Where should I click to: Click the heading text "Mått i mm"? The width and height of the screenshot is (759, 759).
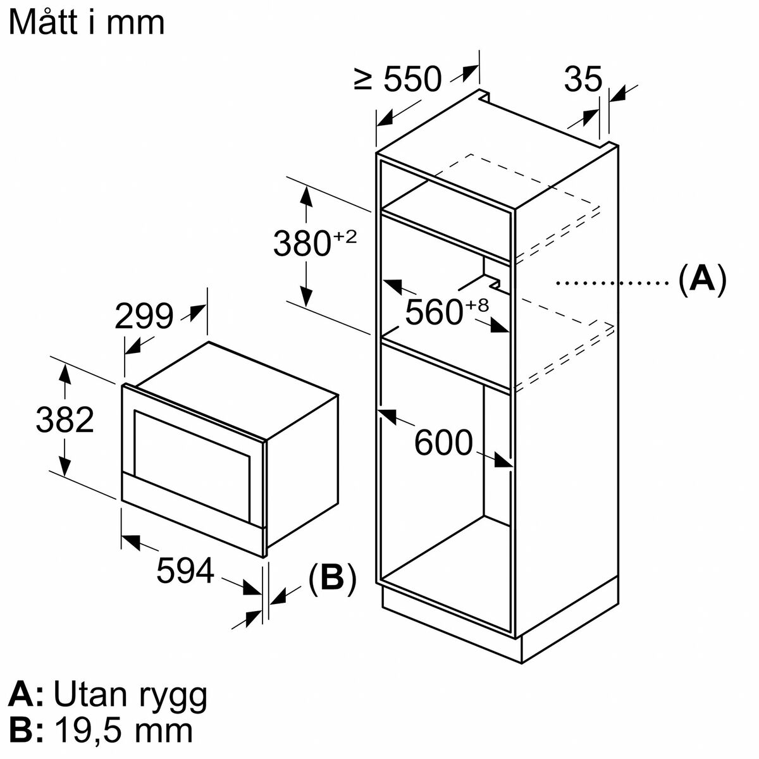[x=86, y=23]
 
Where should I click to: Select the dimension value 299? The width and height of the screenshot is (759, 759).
[x=144, y=316]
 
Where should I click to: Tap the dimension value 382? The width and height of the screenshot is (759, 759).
[x=65, y=420]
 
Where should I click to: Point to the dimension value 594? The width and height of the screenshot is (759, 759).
[x=185, y=570]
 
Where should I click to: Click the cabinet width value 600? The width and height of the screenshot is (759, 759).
[x=443, y=443]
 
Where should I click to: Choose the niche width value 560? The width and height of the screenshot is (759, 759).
[x=434, y=312]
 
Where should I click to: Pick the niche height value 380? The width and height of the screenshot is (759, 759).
[x=302, y=244]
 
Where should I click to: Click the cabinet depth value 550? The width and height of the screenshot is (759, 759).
[x=412, y=79]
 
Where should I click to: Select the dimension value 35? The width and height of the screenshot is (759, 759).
[x=583, y=78]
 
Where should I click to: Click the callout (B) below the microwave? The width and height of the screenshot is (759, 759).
[x=332, y=579]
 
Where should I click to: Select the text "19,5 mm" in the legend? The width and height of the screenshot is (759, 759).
[x=123, y=732]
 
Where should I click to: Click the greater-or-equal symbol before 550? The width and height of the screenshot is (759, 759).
[x=363, y=79]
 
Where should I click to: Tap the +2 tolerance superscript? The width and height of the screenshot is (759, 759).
[x=345, y=237]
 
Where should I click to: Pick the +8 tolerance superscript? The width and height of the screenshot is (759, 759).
[x=477, y=305]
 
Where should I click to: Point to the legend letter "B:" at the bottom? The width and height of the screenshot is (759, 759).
[x=25, y=732]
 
